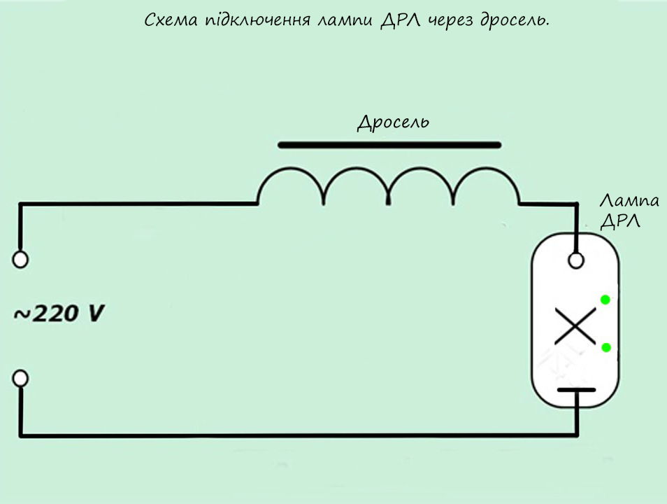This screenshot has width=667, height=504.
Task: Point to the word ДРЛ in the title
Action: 399,21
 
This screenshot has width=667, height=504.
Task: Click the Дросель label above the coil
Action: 393,122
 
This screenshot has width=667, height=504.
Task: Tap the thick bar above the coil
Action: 389,146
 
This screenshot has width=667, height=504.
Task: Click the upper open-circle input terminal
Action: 21,260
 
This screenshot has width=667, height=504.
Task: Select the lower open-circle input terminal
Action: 21,379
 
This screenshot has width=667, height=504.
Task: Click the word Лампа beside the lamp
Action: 629,202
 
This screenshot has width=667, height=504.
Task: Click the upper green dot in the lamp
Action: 605,300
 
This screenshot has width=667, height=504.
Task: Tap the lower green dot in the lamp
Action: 605,348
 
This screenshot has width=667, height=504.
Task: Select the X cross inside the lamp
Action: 575,326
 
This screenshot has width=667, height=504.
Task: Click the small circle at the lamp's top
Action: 576,260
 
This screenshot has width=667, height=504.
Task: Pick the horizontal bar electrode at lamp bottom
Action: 576,390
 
